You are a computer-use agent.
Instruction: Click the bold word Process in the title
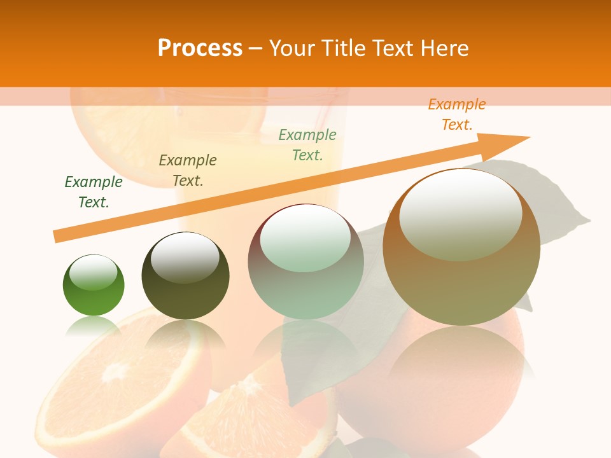tap(200, 48)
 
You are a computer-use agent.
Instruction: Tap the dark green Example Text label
tap(94, 192)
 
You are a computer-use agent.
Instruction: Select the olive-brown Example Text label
tap(188, 170)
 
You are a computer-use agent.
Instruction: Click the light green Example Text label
tap(307, 145)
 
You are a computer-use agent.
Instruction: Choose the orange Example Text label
tap(457, 114)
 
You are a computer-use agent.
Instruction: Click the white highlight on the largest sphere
tap(460, 214)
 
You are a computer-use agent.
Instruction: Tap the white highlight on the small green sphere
tap(94, 273)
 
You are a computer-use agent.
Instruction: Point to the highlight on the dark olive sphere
tap(185, 258)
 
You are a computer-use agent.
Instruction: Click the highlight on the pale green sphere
tap(305, 239)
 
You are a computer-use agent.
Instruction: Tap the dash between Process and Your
tap(255, 48)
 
